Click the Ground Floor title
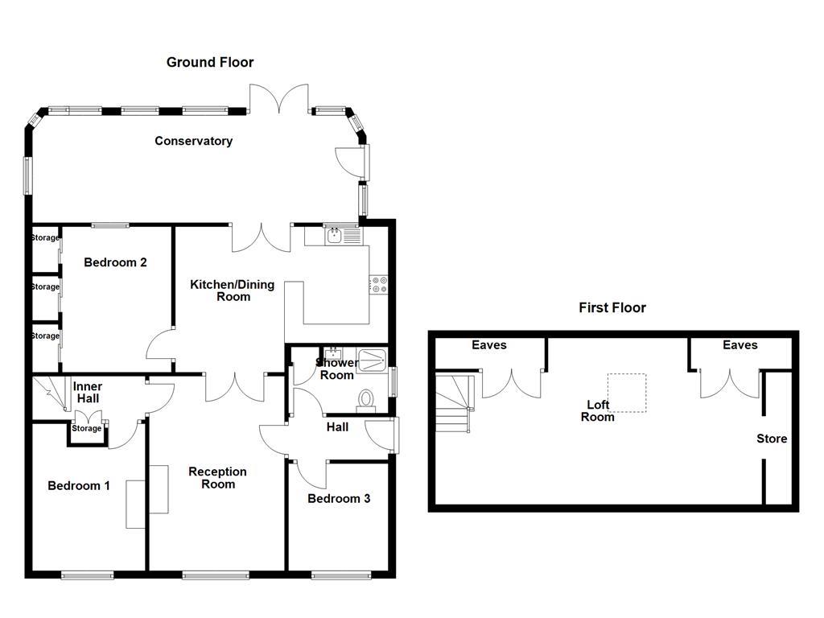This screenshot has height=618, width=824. (210, 62)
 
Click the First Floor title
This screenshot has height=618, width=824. (612, 307)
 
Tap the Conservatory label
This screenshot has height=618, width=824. (193, 141)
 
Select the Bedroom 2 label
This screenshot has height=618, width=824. (115, 262)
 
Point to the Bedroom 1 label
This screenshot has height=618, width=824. (79, 485)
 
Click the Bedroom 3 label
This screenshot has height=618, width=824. (339, 498)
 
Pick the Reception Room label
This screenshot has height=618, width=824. (217, 477)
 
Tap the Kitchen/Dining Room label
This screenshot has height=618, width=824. (232, 290)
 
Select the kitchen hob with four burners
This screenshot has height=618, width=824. (378, 284)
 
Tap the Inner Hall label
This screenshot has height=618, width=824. (88, 392)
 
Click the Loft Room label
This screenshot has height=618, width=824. (597, 410)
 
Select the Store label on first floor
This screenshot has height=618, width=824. (771, 439)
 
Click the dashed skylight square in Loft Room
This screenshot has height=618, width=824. (627, 393)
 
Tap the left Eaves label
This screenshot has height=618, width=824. (488, 344)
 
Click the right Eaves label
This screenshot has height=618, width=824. (740, 344)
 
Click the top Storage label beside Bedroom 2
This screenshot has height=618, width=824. (45, 237)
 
